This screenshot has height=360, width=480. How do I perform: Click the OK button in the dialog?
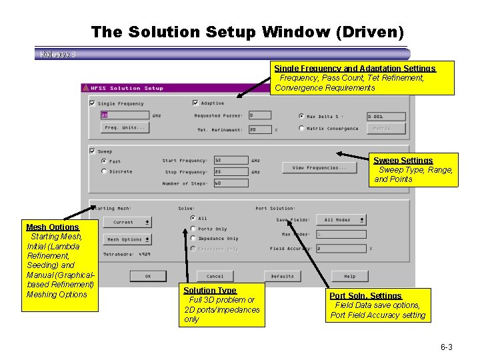(x=147, y=276)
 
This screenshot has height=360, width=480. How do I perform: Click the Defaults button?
(x=282, y=276)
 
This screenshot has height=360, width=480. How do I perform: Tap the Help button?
(x=349, y=276)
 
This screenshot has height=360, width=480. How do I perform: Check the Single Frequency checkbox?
(x=92, y=103)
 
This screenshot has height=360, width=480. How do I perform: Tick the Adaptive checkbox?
(x=195, y=103)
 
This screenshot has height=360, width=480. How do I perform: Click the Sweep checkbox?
(x=92, y=151)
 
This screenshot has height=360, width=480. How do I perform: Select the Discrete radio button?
(x=103, y=171)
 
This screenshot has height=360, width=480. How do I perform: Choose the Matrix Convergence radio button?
(x=301, y=128)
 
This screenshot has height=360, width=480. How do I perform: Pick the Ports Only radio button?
(x=193, y=229)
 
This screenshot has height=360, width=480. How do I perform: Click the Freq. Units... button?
(x=125, y=127)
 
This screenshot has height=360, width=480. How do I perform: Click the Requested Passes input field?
(x=260, y=115)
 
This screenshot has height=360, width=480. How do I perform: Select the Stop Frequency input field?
(x=231, y=172)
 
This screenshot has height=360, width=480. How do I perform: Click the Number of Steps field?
(x=231, y=183)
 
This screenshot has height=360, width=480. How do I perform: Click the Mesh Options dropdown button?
(x=127, y=239)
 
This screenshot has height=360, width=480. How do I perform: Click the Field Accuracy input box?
(x=341, y=249)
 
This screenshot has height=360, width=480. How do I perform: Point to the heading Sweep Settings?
(x=403, y=161)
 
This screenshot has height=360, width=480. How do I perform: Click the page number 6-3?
(x=446, y=347)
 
